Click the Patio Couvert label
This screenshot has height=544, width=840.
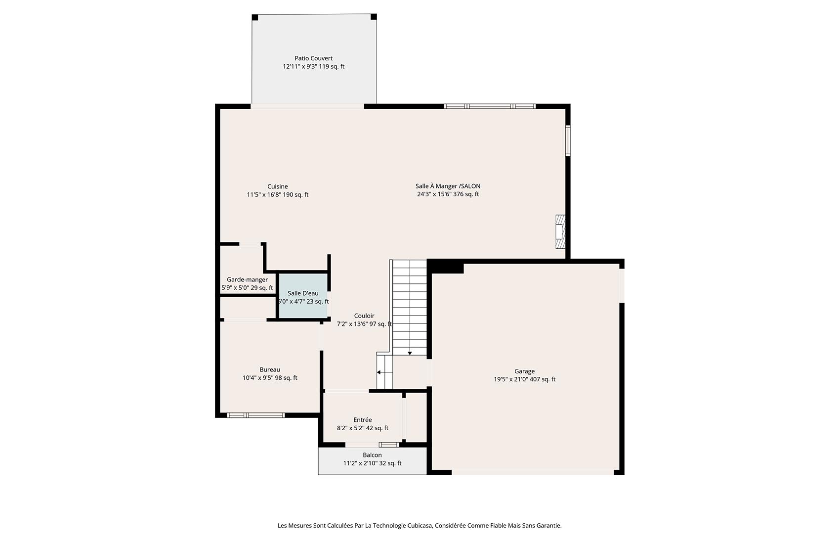(313, 58)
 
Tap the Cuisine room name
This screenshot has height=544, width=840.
(277, 186)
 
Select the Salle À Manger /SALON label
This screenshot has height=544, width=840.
(448, 186)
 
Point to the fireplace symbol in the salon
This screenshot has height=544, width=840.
(560, 231)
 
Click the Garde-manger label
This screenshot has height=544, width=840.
(247, 279)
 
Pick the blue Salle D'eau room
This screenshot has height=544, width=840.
(303, 296)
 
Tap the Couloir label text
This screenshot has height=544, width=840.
(364, 316)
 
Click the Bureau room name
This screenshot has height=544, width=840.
(270, 369)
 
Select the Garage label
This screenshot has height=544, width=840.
(524, 371)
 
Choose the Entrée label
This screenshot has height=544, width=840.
(363, 420)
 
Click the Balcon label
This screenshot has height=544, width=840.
(372, 455)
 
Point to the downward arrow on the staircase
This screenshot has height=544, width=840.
(410, 353)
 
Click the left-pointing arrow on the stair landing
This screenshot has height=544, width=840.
(379, 372)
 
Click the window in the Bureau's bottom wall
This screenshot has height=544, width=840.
(256, 415)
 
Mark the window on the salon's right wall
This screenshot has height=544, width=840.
(568, 141)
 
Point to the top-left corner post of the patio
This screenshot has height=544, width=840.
(255, 18)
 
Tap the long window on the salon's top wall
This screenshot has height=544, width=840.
(490, 106)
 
